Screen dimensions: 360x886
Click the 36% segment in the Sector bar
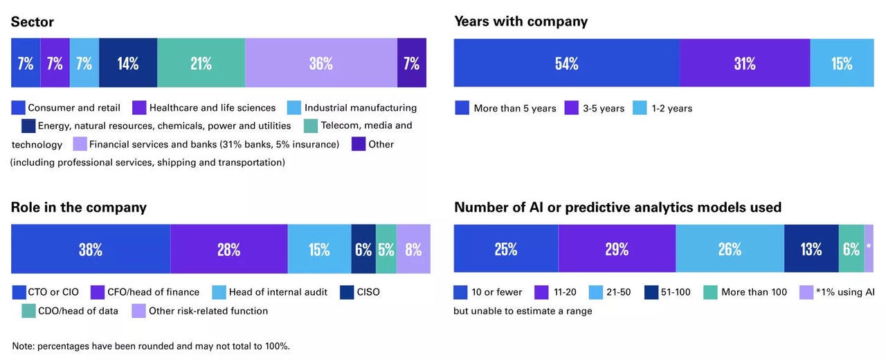(x=321, y=63)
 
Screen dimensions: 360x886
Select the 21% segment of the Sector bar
(x=201, y=63)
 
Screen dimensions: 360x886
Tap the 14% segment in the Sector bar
(x=128, y=63)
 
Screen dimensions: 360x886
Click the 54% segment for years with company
(x=566, y=63)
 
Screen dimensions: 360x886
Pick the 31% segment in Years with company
(x=745, y=63)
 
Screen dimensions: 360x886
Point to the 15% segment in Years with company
(x=842, y=63)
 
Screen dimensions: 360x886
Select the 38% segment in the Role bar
(x=91, y=249)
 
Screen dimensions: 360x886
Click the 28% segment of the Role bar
(x=228, y=249)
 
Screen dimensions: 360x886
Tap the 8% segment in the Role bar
(x=413, y=249)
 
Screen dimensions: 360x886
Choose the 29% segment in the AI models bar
(x=617, y=249)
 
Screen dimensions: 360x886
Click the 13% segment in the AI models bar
(x=811, y=249)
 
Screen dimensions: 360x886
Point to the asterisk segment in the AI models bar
(x=869, y=249)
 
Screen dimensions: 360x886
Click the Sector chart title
(x=32, y=22)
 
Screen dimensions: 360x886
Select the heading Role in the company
(x=79, y=208)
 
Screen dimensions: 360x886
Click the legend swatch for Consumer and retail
(x=19, y=108)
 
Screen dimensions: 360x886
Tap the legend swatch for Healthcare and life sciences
(x=139, y=108)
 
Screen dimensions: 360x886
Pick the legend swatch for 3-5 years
(x=572, y=108)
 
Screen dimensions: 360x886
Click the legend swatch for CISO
(x=347, y=292)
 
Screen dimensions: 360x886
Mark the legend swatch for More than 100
(x=710, y=292)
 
